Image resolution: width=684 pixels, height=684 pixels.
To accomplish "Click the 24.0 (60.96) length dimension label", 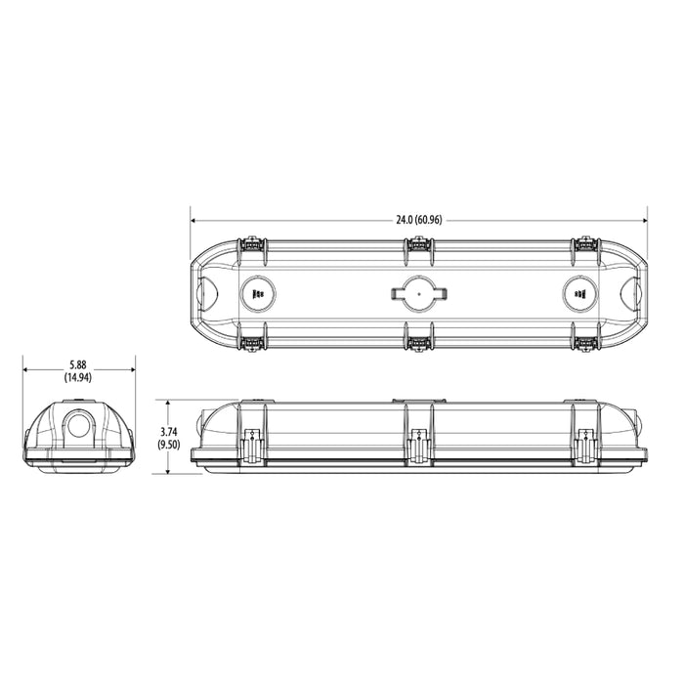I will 419,220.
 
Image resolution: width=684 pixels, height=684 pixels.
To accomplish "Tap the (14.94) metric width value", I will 78,377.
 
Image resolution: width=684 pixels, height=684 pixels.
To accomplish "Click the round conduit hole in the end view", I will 78,425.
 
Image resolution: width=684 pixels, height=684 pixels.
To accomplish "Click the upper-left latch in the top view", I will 252,242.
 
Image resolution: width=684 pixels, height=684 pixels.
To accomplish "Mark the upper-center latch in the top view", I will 418,242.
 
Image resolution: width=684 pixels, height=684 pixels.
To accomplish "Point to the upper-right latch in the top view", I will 585,242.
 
